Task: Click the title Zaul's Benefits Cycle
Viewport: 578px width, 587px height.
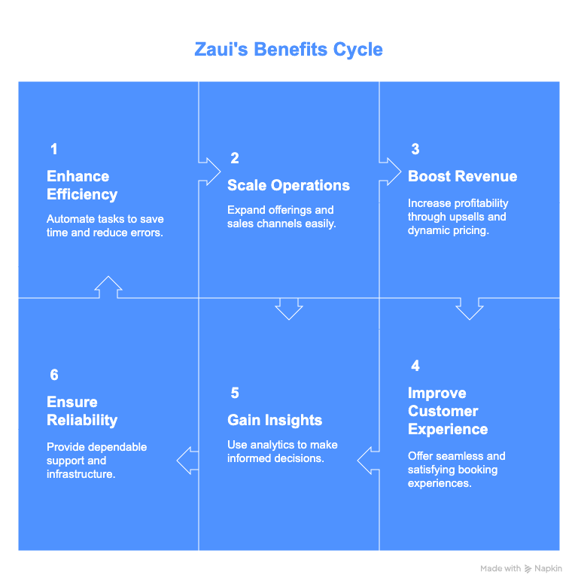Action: pyautogui.click(x=288, y=50)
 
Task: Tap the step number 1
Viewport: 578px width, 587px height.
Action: pyautogui.click(x=53, y=149)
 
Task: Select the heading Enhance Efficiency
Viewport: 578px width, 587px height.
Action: pyautogui.click(x=82, y=185)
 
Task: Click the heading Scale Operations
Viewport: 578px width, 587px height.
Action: pyautogui.click(x=288, y=185)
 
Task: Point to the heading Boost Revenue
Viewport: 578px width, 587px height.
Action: pyautogui.click(x=462, y=176)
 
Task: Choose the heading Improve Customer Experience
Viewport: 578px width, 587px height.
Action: pyautogui.click(x=448, y=411)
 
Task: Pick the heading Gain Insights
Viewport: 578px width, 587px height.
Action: pyautogui.click(x=274, y=420)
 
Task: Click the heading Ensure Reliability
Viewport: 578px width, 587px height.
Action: pyautogui.click(x=82, y=411)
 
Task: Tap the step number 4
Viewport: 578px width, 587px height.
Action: pyautogui.click(x=415, y=366)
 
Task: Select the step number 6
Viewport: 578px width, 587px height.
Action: pyautogui.click(x=53, y=375)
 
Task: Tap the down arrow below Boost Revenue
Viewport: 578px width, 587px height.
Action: pyautogui.click(x=469, y=308)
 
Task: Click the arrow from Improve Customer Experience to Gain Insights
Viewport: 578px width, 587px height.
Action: pyautogui.click(x=369, y=460)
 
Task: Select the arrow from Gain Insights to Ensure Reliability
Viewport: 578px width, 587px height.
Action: pyautogui.click(x=188, y=460)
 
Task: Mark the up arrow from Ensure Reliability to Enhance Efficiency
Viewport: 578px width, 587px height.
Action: pyautogui.click(x=109, y=287)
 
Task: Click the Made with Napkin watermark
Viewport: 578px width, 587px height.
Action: pyautogui.click(x=522, y=569)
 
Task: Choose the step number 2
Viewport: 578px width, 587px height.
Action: pyautogui.click(x=234, y=158)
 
